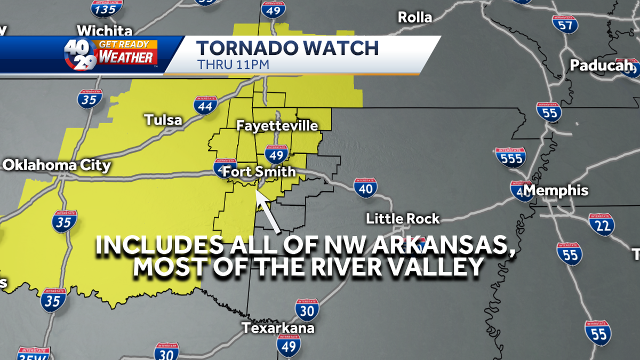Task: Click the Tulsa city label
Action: click(163, 120)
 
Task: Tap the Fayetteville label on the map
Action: click(277, 126)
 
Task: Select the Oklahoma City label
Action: click(57, 165)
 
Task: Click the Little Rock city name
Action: click(403, 218)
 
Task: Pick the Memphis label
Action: click(555, 190)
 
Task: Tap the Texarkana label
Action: click(278, 327)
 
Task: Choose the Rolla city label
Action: click(415, 17)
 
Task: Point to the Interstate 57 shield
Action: click(565, 24)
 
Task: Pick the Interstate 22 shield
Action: click(602, 225)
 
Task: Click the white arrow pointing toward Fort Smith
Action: click(268, 211)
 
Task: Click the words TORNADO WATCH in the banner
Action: click(287, 48)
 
